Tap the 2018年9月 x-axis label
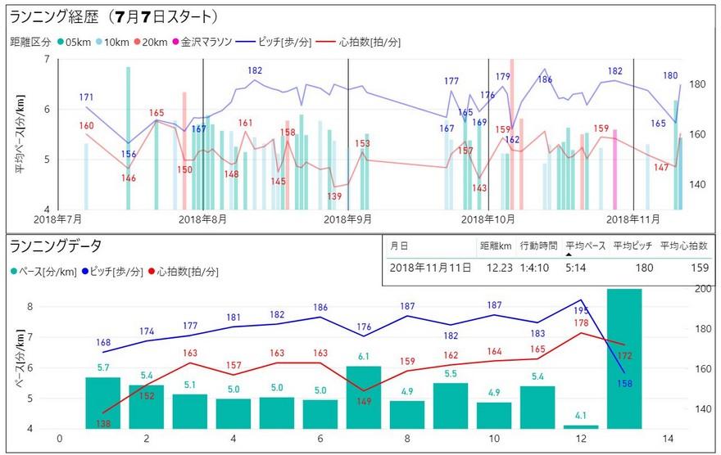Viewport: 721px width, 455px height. tap(348, 219)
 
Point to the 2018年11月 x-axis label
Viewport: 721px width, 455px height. tap(633, 219)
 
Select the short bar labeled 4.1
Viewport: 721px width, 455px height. tap(581, 426)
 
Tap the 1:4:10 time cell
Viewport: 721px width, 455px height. tap(536, 268)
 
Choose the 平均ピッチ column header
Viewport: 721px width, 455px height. tap(634, 245)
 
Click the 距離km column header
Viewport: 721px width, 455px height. tap(496, 245)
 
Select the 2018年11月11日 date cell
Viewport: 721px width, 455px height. tap(430, 268)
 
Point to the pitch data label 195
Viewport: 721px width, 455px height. tap(582, 311)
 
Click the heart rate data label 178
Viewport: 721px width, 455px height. tap(582, 323)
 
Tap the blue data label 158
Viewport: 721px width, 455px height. tap(625, 383)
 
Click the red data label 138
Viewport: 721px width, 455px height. tap(103, 422)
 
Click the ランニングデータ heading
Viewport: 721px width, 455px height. tap(56, 245)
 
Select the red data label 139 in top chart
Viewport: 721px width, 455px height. tap(334, 196)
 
